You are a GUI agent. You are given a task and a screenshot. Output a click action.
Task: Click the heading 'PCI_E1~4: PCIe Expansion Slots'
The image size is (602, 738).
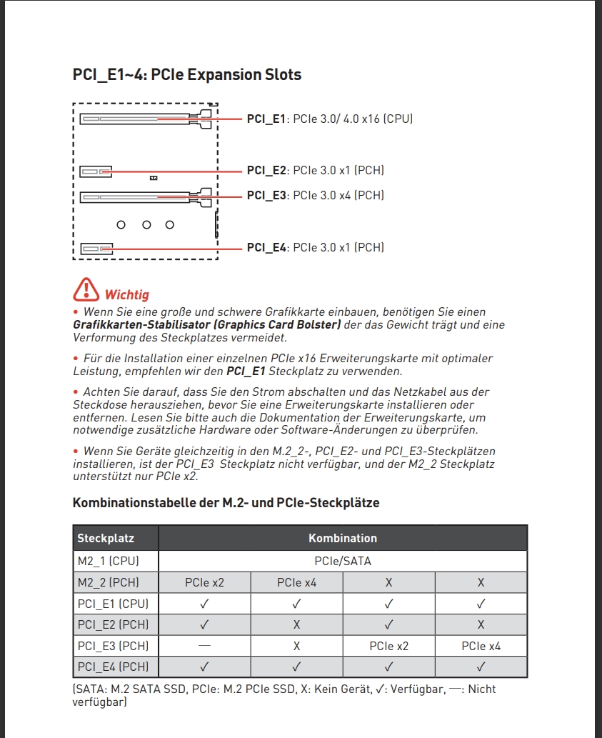click(x=187, y=75)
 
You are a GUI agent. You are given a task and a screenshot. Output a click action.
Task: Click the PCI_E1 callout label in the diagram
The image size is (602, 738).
click(x=266, y=119)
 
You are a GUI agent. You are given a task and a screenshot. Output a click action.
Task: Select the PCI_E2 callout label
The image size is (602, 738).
click(x=266, y=171)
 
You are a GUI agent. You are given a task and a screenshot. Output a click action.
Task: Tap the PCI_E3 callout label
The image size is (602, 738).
click(x=266, y=195)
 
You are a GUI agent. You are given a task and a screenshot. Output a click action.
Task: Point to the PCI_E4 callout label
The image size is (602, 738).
click(x=266, y=247)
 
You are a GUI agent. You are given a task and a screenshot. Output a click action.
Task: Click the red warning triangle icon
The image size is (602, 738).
click(x=86, y=289)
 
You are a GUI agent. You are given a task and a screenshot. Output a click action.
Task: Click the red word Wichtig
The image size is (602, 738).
click(x=126, y=294)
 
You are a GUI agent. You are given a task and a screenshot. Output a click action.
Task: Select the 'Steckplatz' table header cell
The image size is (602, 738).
click(x=106, y=538)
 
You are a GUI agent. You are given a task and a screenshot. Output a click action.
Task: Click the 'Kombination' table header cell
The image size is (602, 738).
click(x=343, y=538)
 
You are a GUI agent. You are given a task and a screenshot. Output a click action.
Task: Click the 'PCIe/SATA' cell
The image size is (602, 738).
click(x=343, y=561)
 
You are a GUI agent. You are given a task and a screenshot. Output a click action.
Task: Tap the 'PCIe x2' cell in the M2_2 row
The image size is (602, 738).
click(x=204, y=582)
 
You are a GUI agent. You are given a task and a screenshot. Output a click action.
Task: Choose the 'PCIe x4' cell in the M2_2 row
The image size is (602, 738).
click(x=296, y=582)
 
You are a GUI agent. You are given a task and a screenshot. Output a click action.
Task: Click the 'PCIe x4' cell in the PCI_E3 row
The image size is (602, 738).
click(x=481, y=646)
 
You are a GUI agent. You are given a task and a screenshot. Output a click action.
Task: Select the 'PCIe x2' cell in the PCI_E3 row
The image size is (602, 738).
click(x=388, y=646)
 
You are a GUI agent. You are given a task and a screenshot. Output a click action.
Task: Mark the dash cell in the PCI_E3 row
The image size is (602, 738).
click(x=204, y=645)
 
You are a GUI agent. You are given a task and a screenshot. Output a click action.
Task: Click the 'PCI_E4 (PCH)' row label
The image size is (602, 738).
click(x=113, y=667)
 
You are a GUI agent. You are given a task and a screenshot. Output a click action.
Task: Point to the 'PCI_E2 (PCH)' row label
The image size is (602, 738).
click(x=113, y=624)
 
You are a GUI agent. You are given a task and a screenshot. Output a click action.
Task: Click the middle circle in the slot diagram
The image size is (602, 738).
click(x=146, y=225)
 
